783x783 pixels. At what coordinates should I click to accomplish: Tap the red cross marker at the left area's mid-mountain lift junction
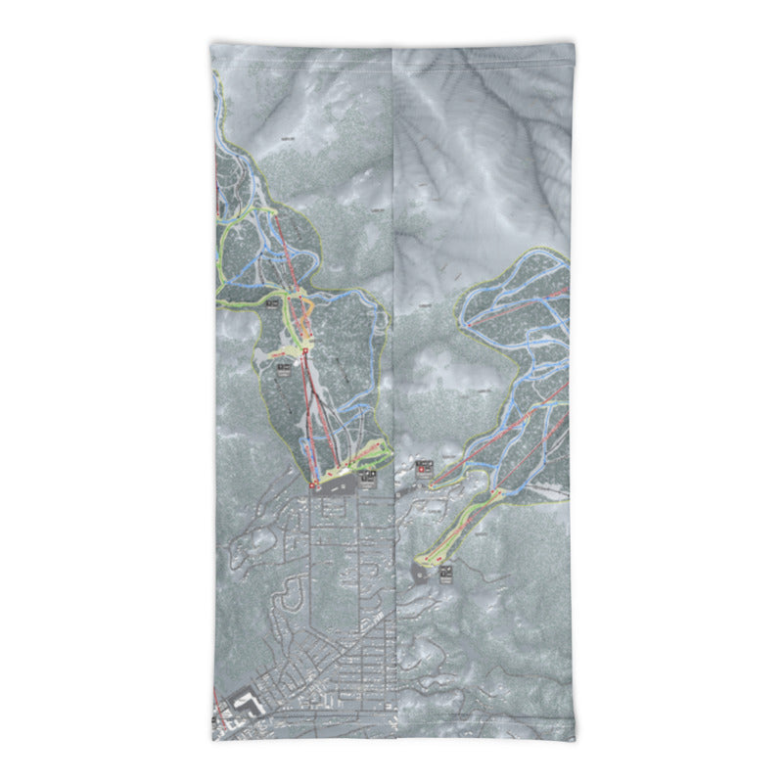(x=304, y=349)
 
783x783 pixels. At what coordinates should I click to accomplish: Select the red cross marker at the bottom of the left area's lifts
(x=315, y=484)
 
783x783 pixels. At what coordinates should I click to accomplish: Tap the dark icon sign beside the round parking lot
(x=446, y=571)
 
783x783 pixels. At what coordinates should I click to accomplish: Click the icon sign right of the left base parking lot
(x=369, y=477)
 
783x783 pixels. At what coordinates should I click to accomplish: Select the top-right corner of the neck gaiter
(x=571, y=44)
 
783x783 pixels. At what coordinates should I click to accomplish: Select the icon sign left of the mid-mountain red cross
(x=284, y=368)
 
